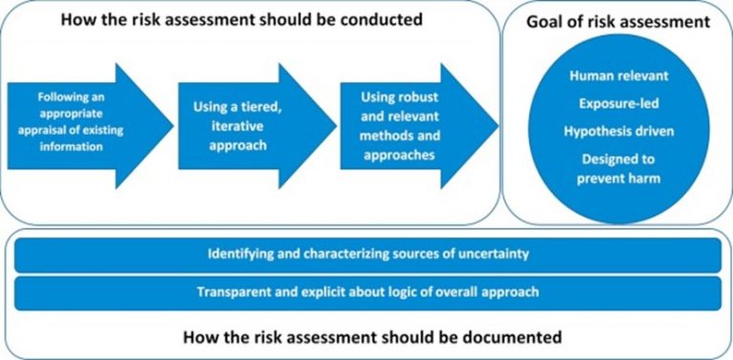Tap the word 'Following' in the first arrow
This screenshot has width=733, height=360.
point(64,97)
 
